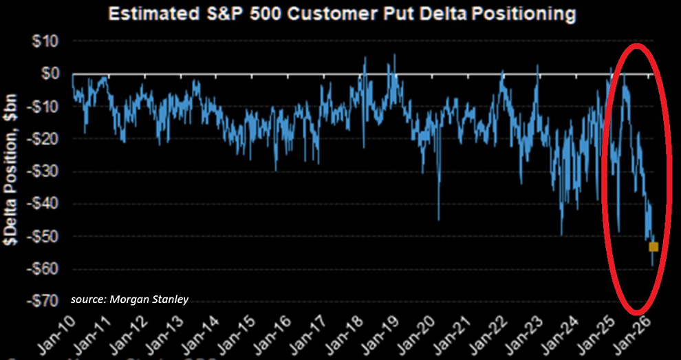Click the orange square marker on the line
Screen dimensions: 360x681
click(x=653, y=246)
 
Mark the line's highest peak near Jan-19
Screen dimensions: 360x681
click(x=394, y=55)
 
